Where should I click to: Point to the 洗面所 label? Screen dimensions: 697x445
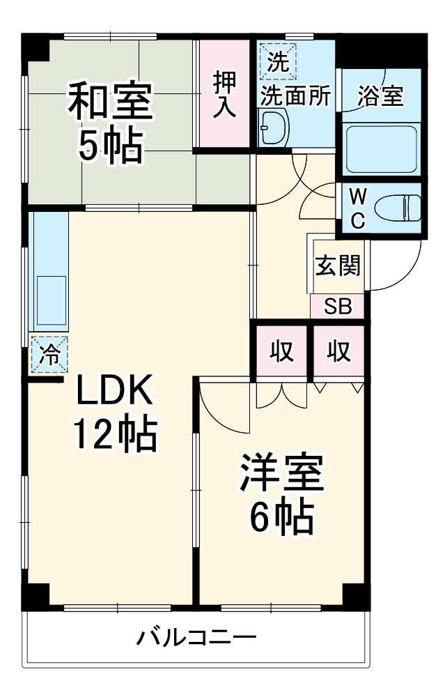[x=295, y=96]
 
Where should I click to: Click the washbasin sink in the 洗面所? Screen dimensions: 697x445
[x=273, y=128]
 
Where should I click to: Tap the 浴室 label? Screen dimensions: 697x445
[x=380, y=96]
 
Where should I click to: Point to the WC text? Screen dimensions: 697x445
[x=357, y=207]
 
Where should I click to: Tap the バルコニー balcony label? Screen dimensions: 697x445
[x=196, y=636]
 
